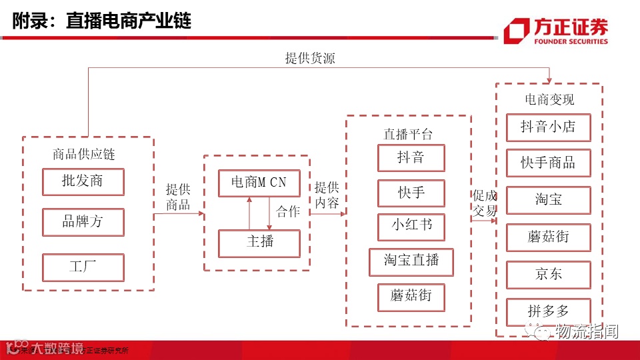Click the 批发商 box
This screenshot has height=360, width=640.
[83, 181]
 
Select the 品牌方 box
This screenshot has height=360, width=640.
[83, 222]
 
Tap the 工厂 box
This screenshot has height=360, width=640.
[83, 267]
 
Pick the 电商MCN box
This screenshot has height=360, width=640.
[259, 183]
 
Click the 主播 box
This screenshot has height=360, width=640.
[259, 243]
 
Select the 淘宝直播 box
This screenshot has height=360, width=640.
[411, 261]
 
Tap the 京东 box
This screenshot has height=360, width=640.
[548, 274]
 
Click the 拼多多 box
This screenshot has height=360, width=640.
[548, 311]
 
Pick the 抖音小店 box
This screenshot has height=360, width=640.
[548, 127]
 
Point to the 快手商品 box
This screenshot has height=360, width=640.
[548, 163]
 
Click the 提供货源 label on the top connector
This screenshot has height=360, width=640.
[310, 58]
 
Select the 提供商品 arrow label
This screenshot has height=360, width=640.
[178, 197]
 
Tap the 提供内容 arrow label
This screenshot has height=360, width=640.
[327, 195]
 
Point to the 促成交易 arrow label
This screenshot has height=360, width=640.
[485, 203]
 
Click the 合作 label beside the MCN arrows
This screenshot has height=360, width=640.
[288, 212]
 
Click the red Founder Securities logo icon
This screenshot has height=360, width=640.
[517, 31]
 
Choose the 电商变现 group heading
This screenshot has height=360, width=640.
[549, 100]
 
